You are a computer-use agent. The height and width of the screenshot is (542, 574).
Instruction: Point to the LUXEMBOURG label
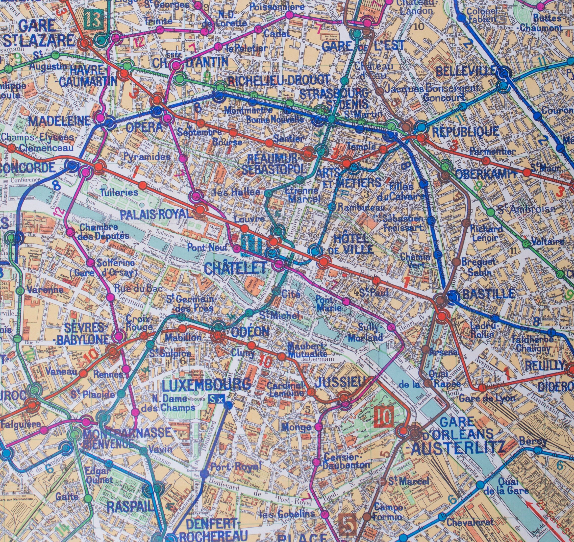point(206,385)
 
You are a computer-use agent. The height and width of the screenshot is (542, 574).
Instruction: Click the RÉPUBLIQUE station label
point(465,131)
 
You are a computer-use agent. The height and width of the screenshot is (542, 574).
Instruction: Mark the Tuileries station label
point(119,192)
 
